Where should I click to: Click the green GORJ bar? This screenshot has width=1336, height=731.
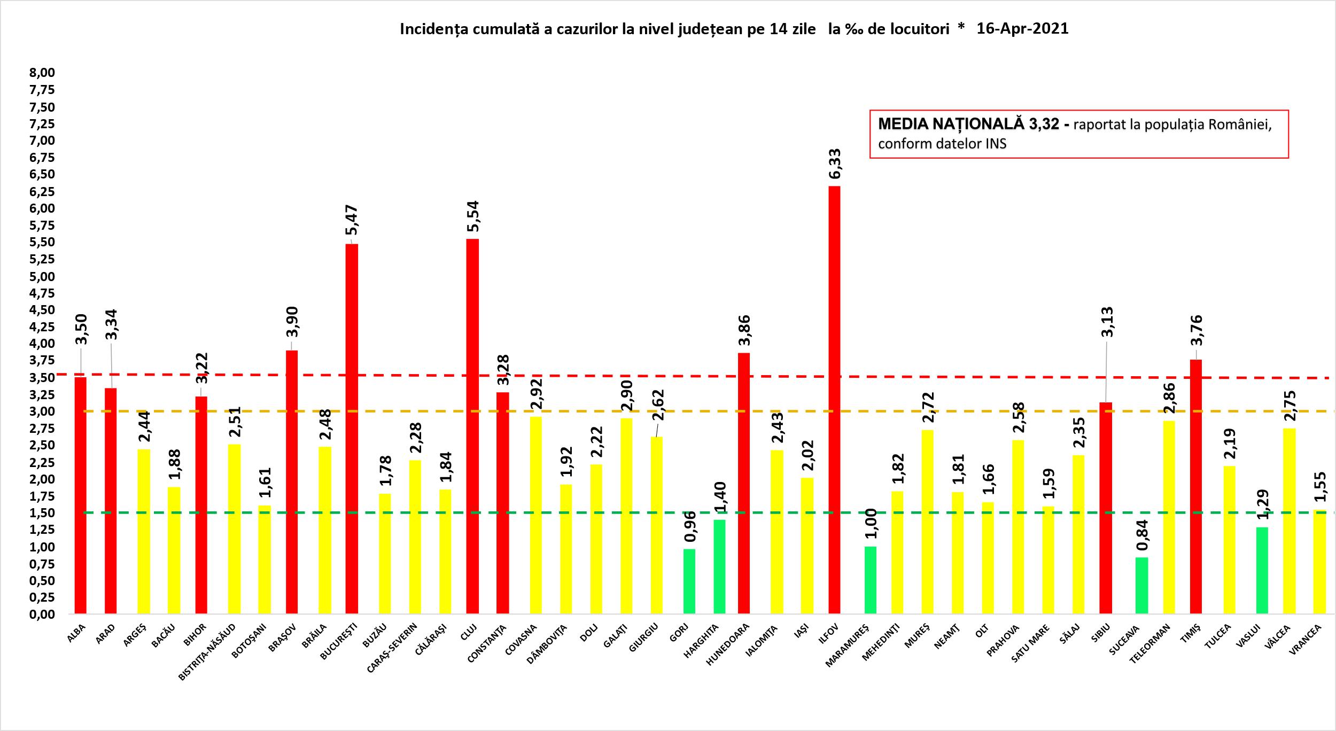coord(689,581)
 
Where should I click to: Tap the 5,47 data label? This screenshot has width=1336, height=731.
coord(352,221)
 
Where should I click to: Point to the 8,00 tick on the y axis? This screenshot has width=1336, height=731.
coord(43,73)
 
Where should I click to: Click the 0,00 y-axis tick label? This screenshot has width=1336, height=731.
coord(43,615)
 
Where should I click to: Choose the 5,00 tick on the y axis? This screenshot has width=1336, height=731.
coord(43,276)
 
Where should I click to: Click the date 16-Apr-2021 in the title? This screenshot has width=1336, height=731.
coord(1022,29)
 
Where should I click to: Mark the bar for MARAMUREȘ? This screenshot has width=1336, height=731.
coord(870,580)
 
